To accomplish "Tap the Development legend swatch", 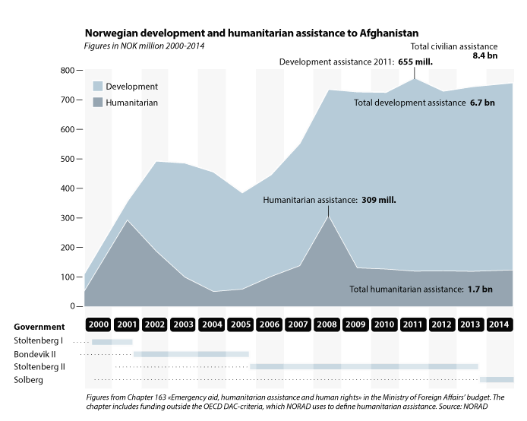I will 99,87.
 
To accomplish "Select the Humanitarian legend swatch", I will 99,102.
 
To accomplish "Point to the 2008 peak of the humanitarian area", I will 328,217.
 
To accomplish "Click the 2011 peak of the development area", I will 415,78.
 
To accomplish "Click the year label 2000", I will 98,323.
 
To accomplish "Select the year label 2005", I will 241,323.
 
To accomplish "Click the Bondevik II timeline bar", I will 191,354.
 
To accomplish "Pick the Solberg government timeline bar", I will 497,379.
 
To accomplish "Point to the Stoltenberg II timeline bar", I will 364,366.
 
